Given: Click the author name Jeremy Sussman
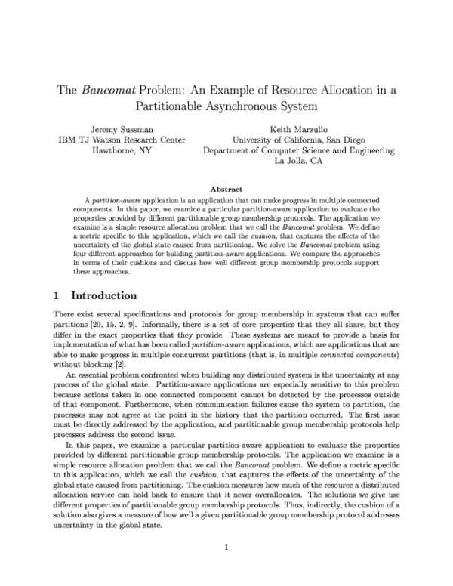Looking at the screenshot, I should [122, 128].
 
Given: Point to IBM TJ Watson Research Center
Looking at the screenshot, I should [122, 140].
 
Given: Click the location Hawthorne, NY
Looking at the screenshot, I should [122, 150].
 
